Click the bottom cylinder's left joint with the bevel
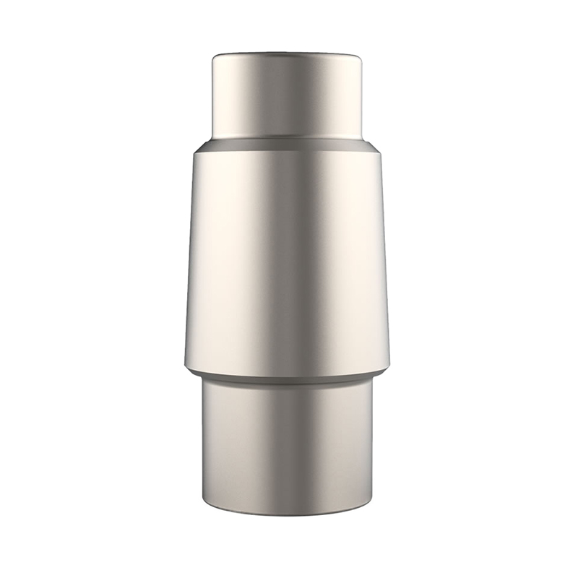pyautogui.click(x=202, y=379)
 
